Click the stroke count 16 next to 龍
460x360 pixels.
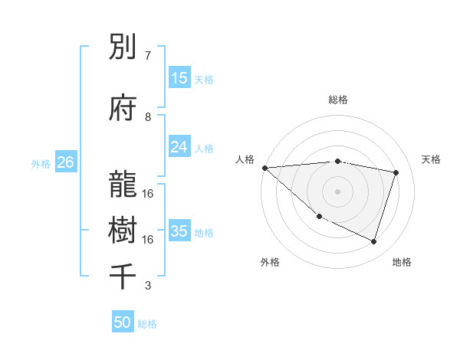[148, 194]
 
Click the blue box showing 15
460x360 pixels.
[179, 78]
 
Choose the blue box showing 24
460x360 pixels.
[179, 147]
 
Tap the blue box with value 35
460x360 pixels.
[179, 231]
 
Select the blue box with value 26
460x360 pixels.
[65, 162]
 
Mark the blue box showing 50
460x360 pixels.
[123, 322]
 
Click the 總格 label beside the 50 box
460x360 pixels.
[147, 324]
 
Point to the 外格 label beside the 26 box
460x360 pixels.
[40, 164]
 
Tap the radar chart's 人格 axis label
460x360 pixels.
[245, 159]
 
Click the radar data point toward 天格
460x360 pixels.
[396, 172]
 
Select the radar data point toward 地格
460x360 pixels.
[373, 242]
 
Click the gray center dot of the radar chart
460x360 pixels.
[337, 191]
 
